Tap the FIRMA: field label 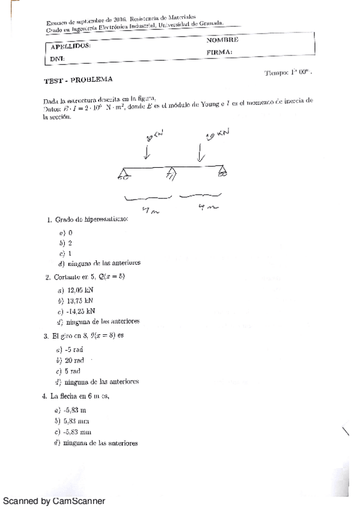tap(219, 52)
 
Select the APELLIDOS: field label tap(71, 46)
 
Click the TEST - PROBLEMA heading tap(78, 80)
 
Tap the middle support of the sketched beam tap(171, 174)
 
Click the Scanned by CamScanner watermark tap(54, 500)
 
